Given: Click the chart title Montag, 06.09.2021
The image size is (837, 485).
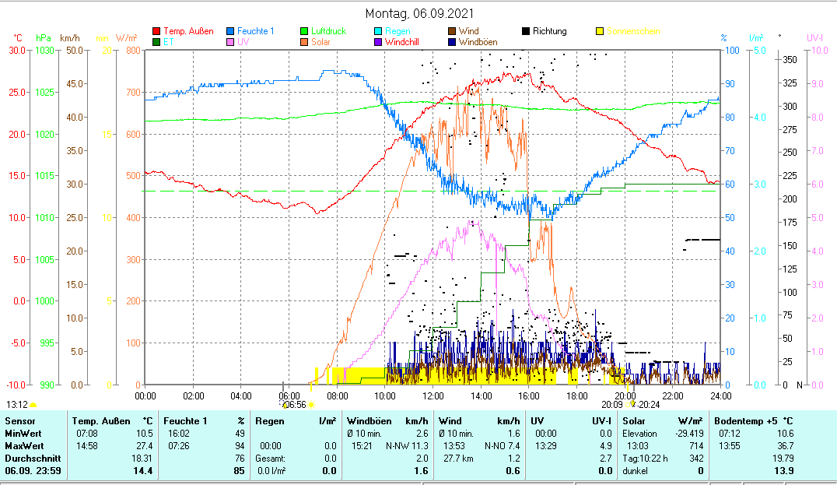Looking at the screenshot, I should pyautogui.click(x=419, y=14).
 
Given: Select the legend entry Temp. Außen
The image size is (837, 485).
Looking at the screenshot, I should pyautogui.click(x=188, y=31).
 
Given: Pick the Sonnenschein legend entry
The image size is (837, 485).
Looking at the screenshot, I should pyautogui.click(x=633, y=31).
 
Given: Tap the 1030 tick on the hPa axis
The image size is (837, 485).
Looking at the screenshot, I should pyautogui.click(x=44, y=51).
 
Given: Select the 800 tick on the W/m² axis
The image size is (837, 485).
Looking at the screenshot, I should pyautogui.click(x=131, y=51).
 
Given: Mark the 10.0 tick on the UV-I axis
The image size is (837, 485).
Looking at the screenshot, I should pyautogui.click(x=818, y=51).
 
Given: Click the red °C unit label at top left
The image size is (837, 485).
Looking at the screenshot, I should pyautogui.click(x=19, y=38).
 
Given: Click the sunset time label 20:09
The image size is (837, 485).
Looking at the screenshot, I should pyautogui.click(x=611, y=405).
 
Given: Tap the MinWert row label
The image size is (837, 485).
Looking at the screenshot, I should pyautogui.click(x=23, y=433).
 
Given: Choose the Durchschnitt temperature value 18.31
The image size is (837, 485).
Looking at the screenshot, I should pyautogui.click(x=142, y=458).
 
